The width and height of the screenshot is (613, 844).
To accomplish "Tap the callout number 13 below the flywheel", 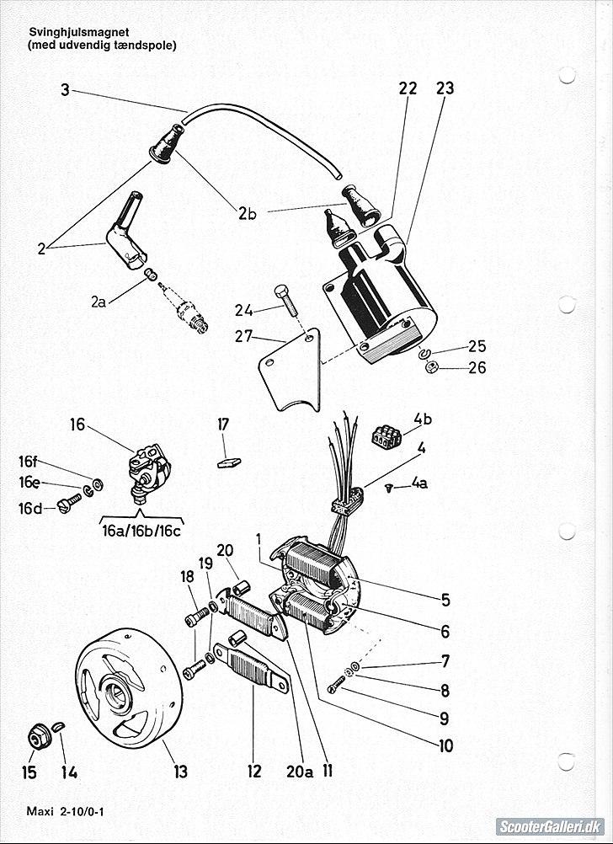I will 181,772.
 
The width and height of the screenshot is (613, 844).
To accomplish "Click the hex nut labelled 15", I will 37,739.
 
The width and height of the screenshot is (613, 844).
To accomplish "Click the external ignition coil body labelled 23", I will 379,295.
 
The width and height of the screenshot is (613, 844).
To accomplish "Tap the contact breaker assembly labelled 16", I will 148,467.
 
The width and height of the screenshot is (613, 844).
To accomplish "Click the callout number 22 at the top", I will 408,88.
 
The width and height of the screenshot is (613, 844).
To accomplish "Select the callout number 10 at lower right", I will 445,745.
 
